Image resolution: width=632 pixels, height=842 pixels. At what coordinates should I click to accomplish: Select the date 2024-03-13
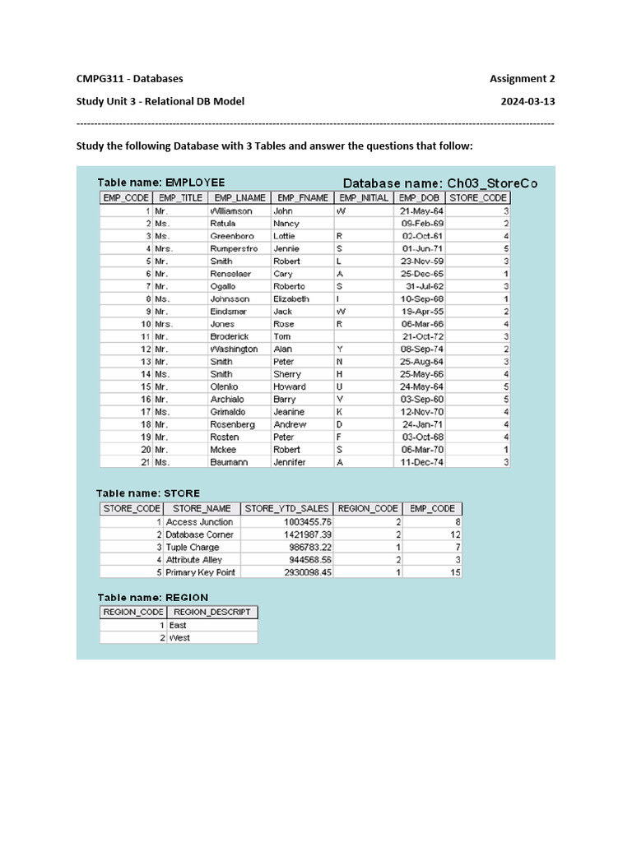coord(527,102)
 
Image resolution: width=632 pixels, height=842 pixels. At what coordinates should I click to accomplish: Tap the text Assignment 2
coord(522,79)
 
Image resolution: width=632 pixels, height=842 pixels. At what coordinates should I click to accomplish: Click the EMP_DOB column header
coord(419,198)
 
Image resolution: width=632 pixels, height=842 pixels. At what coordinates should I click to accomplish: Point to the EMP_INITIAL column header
coord(363,198)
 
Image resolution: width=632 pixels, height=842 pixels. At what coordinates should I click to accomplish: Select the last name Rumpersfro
coord(234,248)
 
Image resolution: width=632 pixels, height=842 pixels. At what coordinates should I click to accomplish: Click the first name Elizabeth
coord(291,298)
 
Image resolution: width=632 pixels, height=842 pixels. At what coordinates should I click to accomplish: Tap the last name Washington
coord(234,349)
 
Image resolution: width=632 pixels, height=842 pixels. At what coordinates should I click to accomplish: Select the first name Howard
coord(289,386)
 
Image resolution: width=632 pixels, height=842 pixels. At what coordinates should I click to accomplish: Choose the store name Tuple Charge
coord(193,547)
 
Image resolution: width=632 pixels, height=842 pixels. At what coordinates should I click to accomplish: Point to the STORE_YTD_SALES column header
coord(287,509)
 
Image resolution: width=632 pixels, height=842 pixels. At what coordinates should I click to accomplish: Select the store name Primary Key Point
coord(201,572)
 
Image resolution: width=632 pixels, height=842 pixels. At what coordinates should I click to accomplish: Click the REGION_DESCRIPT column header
coord(212,612)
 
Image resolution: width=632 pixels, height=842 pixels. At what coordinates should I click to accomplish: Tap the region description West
coord(179,637)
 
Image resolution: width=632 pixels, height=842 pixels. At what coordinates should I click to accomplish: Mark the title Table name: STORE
coord(148,493)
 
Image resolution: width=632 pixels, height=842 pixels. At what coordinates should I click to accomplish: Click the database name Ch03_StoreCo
coord(490,183)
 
